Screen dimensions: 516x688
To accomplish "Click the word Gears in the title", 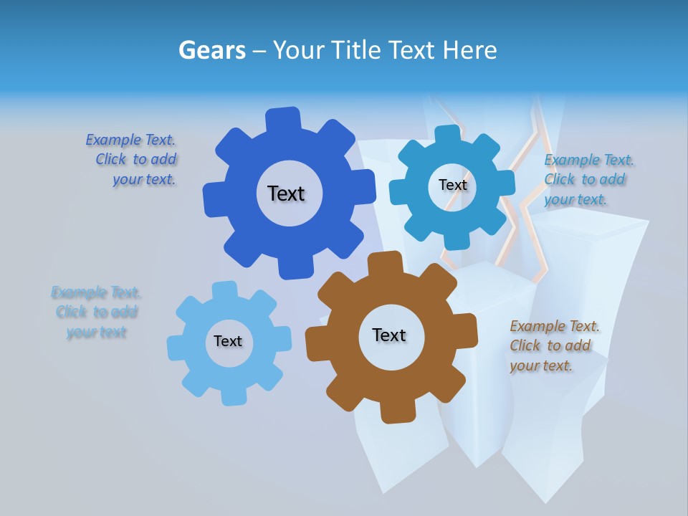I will click(x=211, y=50).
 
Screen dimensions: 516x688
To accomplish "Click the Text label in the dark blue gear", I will click(x=286, y=193).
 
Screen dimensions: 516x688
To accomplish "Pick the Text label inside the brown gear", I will click(x=389, y=335).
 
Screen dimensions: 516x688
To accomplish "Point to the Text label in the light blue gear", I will click(x=228, y=341).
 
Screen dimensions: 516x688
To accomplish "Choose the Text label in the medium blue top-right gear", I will click(x=452, y=185).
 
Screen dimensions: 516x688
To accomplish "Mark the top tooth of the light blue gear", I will click(x=224, y=290).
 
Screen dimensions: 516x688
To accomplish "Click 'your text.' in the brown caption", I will click(x=541, y=365).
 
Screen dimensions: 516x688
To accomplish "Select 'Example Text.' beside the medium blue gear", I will click(x=589, y=160).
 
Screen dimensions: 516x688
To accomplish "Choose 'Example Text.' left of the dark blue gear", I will click(x=130, y=140).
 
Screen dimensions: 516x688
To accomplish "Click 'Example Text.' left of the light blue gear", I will click(x=96, y=292).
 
